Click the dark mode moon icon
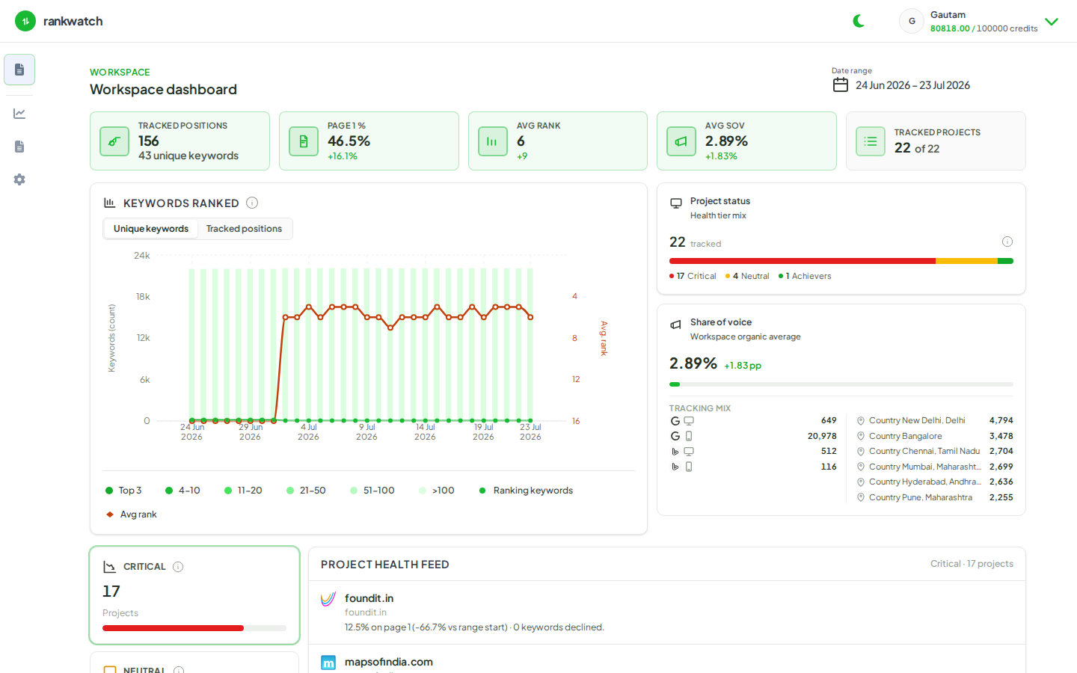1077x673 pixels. coord(859,21)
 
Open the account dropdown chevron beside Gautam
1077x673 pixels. coord(1052,22)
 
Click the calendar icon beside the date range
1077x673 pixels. coord(840,85)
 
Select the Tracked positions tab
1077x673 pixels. coord(244,229)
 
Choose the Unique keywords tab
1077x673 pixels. coord(151,229)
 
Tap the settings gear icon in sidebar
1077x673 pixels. coord(19,179)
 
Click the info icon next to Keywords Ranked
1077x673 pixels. coord(252,203)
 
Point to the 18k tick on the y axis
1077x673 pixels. coord(143,297)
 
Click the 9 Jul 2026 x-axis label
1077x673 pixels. coord(366,431)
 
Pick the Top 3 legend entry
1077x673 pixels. coord(123,491)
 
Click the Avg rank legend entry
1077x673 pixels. coord(132,514)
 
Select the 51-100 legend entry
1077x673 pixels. coord(372,491)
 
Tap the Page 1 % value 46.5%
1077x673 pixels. coord(349,141)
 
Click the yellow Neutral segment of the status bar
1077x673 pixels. coord(966,261)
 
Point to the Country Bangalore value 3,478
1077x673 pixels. coord(1001,436)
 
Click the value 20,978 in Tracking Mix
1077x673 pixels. coord(822,436)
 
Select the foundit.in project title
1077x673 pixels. coord(369,598)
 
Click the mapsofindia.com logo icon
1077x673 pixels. coord(328,663)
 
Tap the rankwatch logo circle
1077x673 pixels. coord(25,21)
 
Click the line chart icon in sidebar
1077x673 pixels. coord(19,114)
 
